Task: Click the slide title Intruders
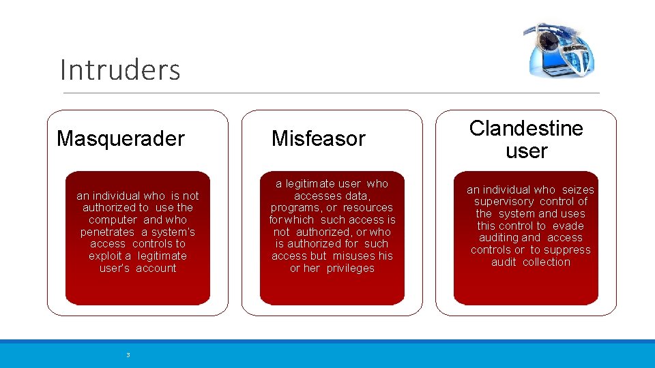pos(120,70)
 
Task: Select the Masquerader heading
pos(121,139)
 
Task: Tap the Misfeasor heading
pos(318,139)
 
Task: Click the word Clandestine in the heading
pos(526,128)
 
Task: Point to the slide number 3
pos(128,354)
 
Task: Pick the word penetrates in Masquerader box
pos(108,232)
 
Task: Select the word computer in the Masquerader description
pos(113,219)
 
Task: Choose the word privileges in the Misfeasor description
pos(350,269)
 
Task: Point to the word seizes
pos(578,189)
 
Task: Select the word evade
pos(568,226)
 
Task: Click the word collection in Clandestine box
pos(547,262)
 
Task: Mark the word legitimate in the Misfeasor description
pos(309,183)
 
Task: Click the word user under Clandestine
pos(526,151)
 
